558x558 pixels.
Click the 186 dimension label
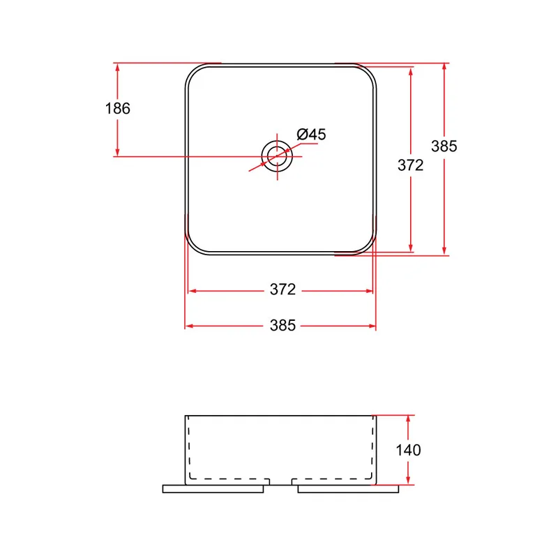point(118,108)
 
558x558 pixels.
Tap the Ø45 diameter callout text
point(311,134)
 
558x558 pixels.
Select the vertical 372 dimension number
point(411,165)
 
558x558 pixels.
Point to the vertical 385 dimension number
point(444,146)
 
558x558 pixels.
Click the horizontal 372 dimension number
point(282,289)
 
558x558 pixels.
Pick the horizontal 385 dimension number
point(282,325)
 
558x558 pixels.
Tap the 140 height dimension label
point(408,450)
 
